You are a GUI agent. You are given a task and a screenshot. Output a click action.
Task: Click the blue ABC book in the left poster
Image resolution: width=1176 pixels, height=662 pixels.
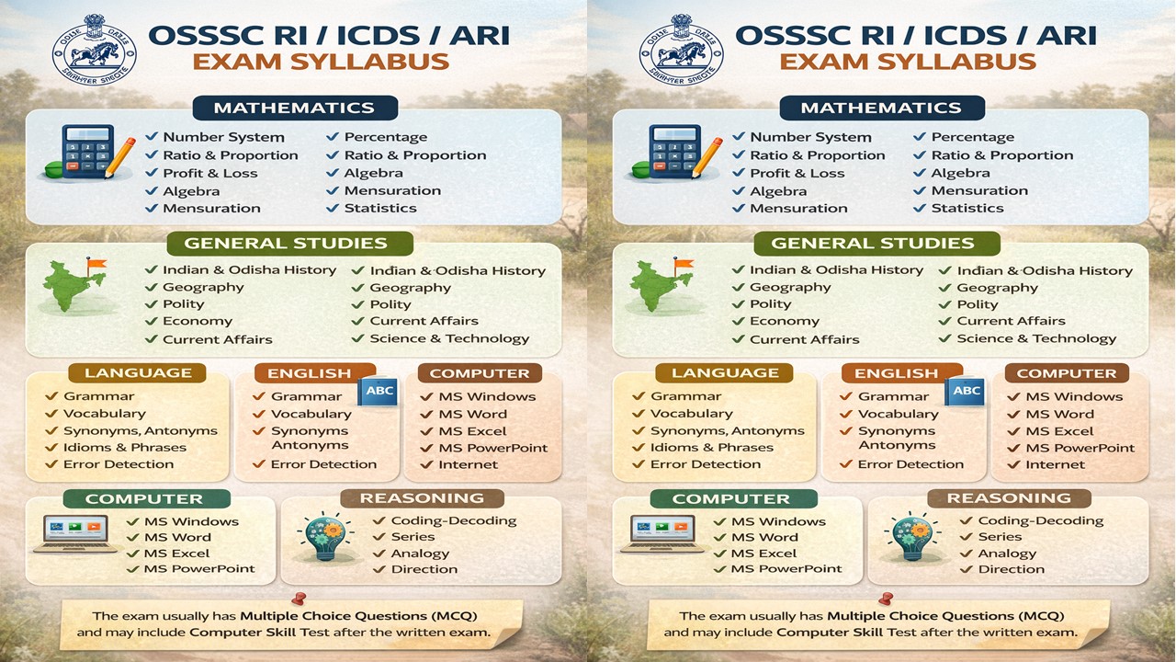[379, 391]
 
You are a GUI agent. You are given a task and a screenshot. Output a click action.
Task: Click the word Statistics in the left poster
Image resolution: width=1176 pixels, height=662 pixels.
[379, 208]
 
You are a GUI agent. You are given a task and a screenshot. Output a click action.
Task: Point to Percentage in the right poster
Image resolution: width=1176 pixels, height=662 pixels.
[972, 137]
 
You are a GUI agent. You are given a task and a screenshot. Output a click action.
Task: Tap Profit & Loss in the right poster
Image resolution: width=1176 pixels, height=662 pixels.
[797, 173]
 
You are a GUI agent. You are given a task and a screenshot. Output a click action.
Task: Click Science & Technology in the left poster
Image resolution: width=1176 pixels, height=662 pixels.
[449, 338]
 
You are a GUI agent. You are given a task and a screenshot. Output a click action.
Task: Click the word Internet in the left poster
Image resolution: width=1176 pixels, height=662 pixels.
[468, 464]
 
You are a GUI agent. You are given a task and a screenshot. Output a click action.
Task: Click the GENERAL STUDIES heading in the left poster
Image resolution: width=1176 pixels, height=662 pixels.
[286, 244]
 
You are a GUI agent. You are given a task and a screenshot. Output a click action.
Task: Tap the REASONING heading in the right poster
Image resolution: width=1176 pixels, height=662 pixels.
[1009, 498]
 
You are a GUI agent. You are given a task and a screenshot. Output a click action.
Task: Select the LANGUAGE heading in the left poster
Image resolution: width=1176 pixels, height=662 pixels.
[138, 373]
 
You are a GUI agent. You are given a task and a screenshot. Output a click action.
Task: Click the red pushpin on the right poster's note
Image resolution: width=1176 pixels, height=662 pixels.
[885, 598]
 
